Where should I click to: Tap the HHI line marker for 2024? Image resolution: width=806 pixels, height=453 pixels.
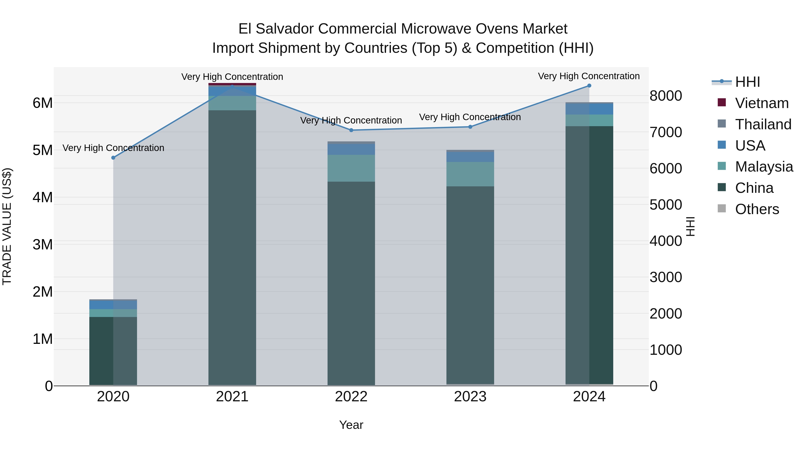(589, 86)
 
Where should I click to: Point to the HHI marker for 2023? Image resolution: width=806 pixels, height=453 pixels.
(470, 127)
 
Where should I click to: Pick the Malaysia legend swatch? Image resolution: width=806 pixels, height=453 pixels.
(722, 166)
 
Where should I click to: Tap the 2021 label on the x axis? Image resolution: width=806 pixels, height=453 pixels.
(232, 397)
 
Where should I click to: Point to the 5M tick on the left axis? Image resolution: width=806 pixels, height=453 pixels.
(43, 150)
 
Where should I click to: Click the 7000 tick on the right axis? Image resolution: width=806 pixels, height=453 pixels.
(666, 132)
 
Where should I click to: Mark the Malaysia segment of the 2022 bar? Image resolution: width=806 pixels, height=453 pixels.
(351, 168)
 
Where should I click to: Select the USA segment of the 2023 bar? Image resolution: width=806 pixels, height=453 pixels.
(470, 157)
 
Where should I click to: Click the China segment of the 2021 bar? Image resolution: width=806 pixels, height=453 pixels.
(232, 247)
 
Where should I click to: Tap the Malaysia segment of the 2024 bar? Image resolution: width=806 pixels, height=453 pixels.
(589, 120)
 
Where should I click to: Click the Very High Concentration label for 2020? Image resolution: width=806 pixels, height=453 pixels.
(113, 148)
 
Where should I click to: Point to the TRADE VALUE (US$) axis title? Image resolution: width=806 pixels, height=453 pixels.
(7, 226)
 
